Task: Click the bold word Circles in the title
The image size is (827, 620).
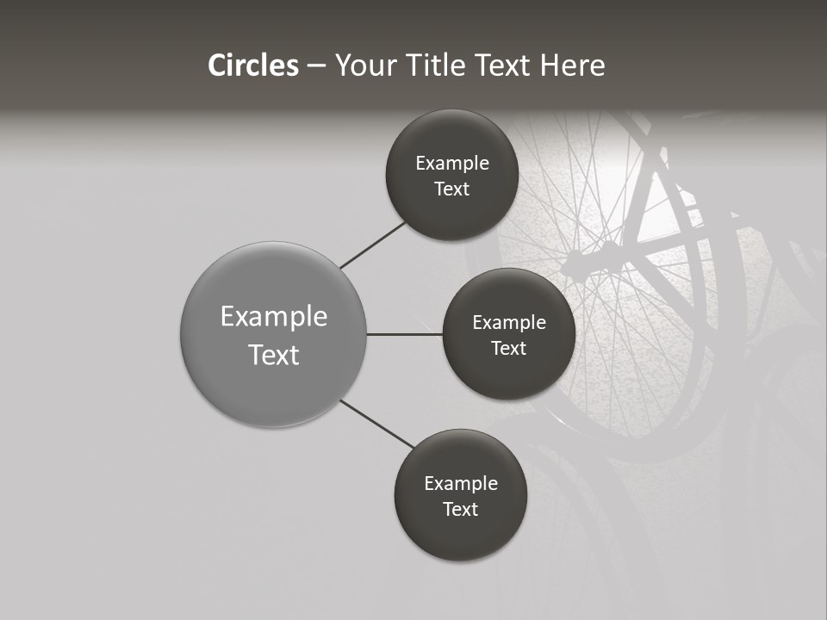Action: click(x=253, y=65)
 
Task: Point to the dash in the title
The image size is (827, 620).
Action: click(x=316, y=66)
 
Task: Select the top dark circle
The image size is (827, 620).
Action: click(x=452, y=207)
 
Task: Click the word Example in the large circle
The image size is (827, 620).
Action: click(x=274, y=317)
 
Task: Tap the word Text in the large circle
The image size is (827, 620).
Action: click(x=274, y=355)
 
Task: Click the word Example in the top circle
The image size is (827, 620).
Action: click(x=452, y=164)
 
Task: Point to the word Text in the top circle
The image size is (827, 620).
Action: click(x=452, y=189)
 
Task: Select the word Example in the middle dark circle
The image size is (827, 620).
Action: click(x=509, y=323)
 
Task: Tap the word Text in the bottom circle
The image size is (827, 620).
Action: click(x=461, y=509)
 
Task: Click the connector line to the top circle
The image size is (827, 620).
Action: click(x=373, y=245)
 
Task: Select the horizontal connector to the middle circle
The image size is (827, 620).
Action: click(x=405, y=334)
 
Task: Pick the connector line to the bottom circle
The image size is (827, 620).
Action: click(x=377, y=425)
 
